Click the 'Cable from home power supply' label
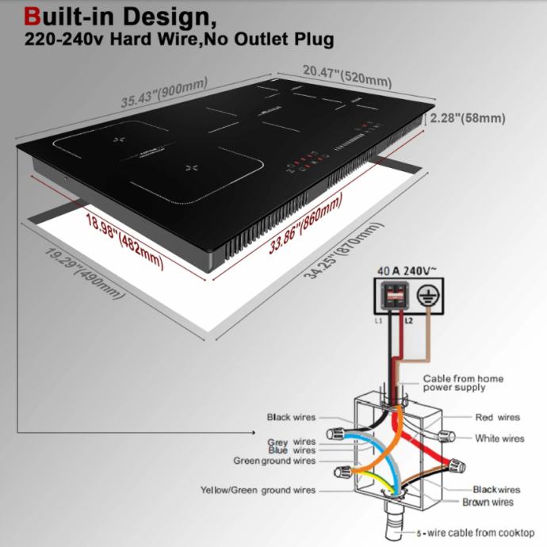(462, 383)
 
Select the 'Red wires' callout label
(497, 417)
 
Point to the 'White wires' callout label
(499, 438)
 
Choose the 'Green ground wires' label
(273, 461)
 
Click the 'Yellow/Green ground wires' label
(258, 491)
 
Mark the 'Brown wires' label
(488, 502)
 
